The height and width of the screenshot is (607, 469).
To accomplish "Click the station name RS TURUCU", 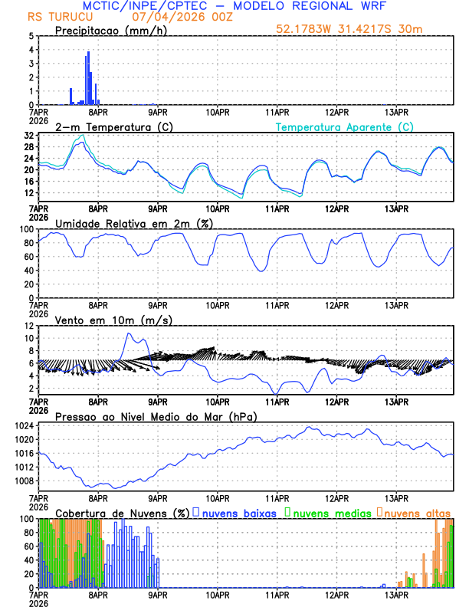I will [57, 16].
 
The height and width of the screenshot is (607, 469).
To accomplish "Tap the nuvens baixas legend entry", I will [238, 512].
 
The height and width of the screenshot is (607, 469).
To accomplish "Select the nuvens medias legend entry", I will [330, 512].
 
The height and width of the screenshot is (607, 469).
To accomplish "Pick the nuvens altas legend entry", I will [415, 512].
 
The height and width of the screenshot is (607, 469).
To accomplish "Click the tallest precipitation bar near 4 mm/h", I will [89, 77].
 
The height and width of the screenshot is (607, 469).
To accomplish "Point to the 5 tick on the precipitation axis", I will [31, 36].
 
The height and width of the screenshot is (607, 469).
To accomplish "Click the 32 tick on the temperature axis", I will [28, 135].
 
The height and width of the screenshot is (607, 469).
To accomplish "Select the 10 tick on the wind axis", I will [28, 338].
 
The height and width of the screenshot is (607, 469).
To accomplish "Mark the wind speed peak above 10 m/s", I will [130, 333].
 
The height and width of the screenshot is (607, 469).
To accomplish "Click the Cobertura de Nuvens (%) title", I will [122, 512].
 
